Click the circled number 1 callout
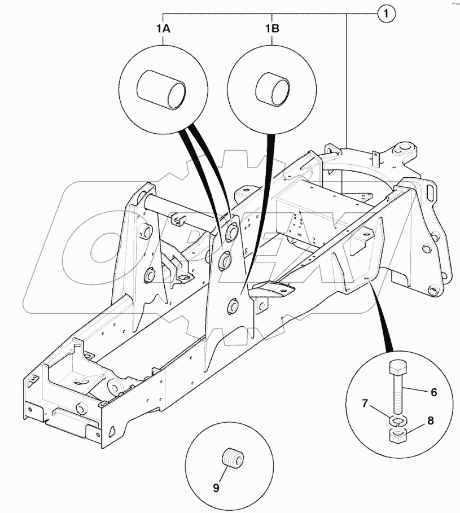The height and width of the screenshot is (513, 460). tap(386, 14)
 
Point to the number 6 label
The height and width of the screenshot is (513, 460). tap(433, 392)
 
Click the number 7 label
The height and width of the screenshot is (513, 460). tap(381, 404)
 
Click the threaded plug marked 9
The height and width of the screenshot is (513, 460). tap(232, 455)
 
